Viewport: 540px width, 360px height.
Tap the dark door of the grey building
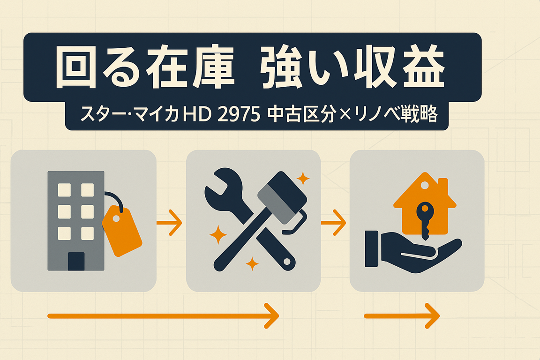[76, 262]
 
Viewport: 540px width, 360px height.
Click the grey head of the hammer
[282, 198]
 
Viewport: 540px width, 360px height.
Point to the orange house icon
[425, 203]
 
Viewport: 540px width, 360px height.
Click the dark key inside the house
[425, 220]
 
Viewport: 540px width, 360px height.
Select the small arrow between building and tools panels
[169, 223]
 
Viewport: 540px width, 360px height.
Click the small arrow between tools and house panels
[333, 223]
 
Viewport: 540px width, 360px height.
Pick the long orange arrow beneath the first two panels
[163, 316]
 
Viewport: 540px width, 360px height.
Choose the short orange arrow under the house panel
[402, 316]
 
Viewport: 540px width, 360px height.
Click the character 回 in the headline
[76, 67]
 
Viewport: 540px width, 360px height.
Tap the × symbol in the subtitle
[345, 115]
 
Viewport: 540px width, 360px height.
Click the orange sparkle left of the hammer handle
[218, 235]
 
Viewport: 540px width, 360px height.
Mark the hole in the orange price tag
[116, 218]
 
